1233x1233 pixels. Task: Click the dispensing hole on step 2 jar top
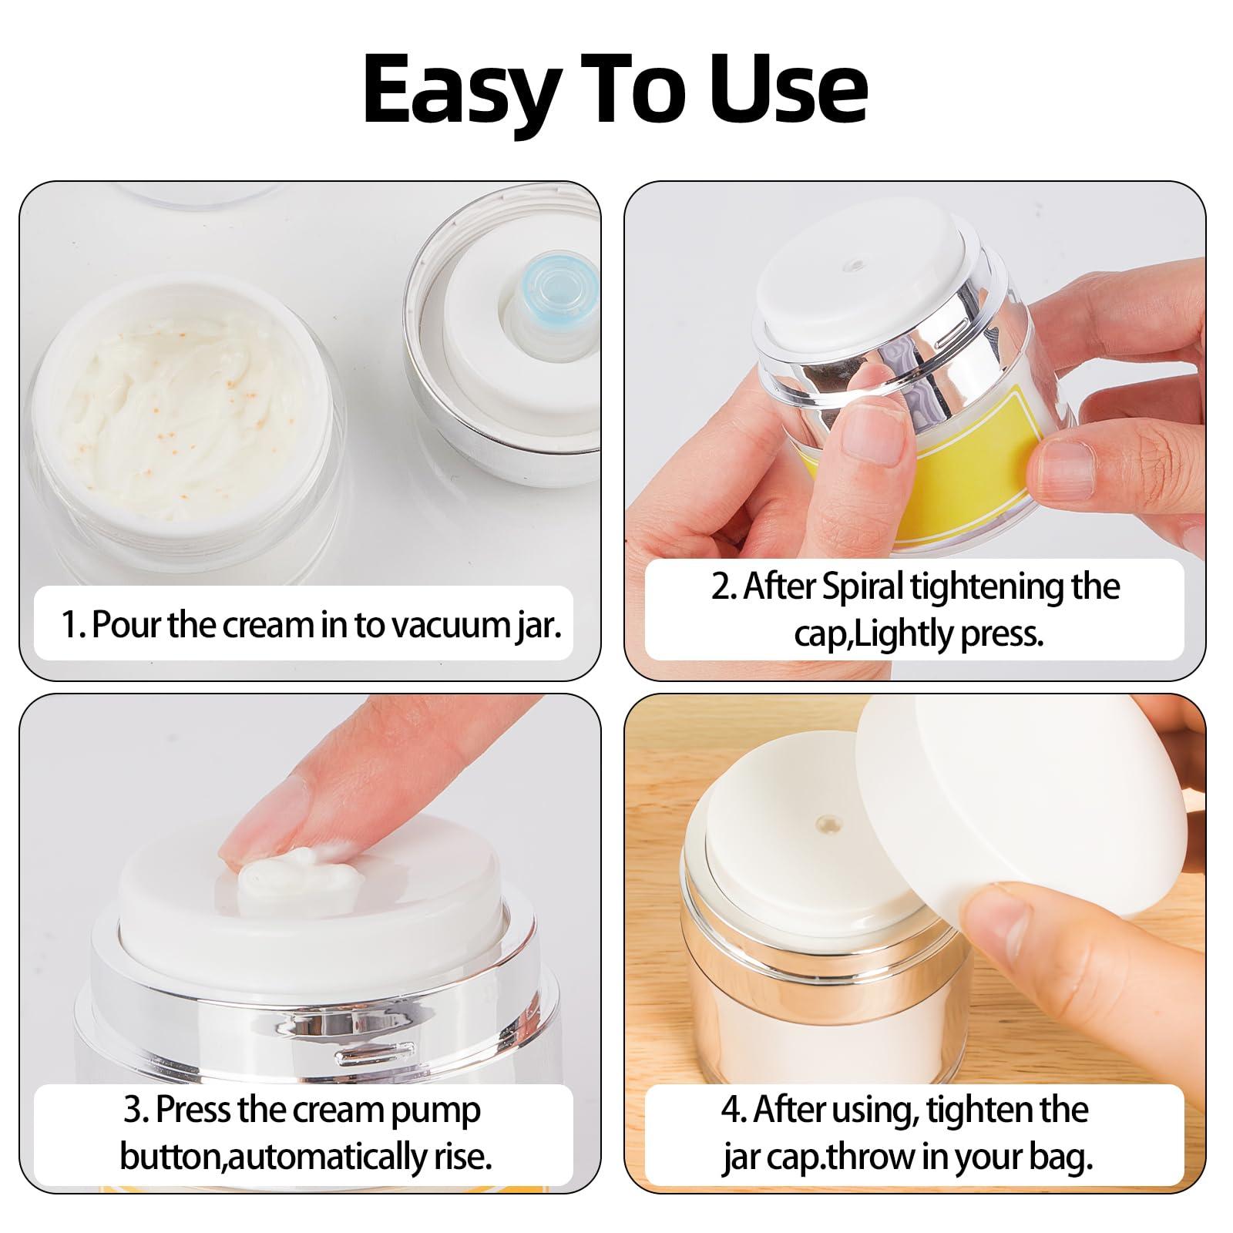point(852,266)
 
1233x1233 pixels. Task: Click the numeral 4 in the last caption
point(733,1110)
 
